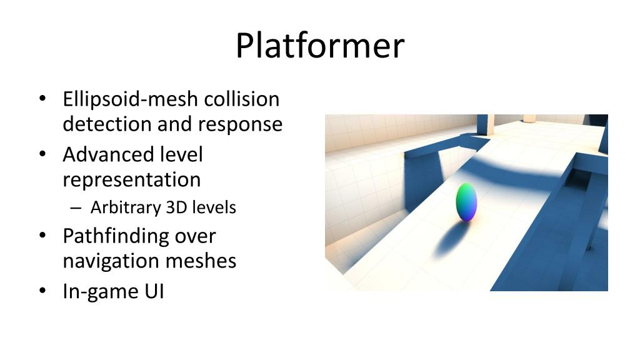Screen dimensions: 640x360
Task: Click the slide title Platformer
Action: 319,46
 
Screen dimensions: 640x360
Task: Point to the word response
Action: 241,124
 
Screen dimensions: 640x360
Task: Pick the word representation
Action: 131,180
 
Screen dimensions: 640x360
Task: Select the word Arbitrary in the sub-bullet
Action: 125,207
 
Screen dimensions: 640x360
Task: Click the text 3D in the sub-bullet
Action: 177,207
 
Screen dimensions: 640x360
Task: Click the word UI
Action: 153,291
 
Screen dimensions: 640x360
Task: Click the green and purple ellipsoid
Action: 466,202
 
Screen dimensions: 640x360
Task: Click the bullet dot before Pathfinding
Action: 42,236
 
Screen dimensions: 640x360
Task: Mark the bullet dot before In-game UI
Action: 42,291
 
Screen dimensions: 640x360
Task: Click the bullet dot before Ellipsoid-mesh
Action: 42,100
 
